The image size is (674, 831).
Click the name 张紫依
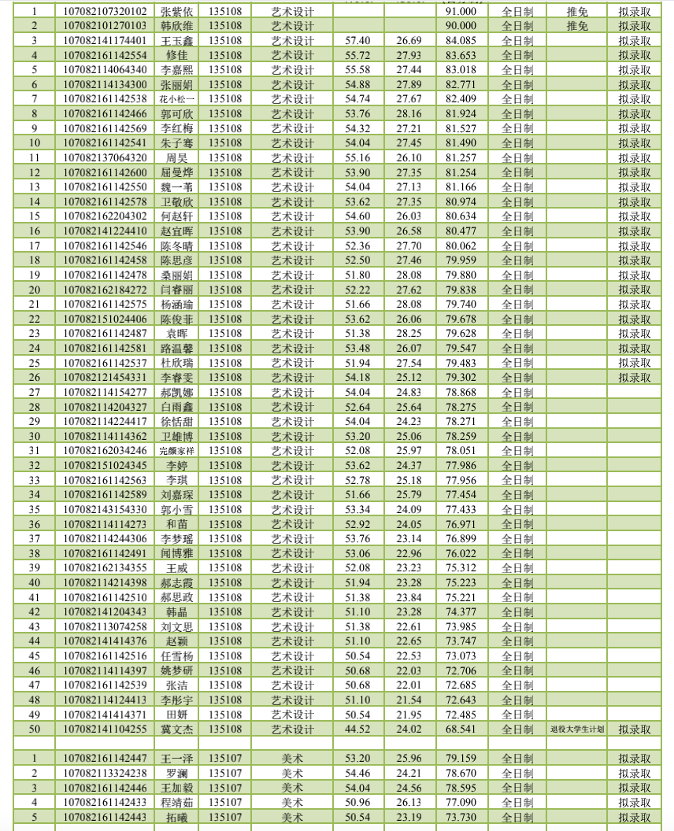(176, 12)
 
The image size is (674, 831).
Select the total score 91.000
(461, 12)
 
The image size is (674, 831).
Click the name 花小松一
(176, 99)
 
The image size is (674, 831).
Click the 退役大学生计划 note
(576, 729)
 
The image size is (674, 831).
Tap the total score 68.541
(461, 729)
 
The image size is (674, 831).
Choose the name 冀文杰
(176, 729)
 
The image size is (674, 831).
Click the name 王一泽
(176, 759)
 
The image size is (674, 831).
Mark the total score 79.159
(461, 759)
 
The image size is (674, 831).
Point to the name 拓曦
(176, 818)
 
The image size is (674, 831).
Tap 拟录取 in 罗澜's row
(634, 774)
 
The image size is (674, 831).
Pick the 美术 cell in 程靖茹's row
(292, 803)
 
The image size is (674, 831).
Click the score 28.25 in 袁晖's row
(409, 334)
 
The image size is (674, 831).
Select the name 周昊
(176, 158)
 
